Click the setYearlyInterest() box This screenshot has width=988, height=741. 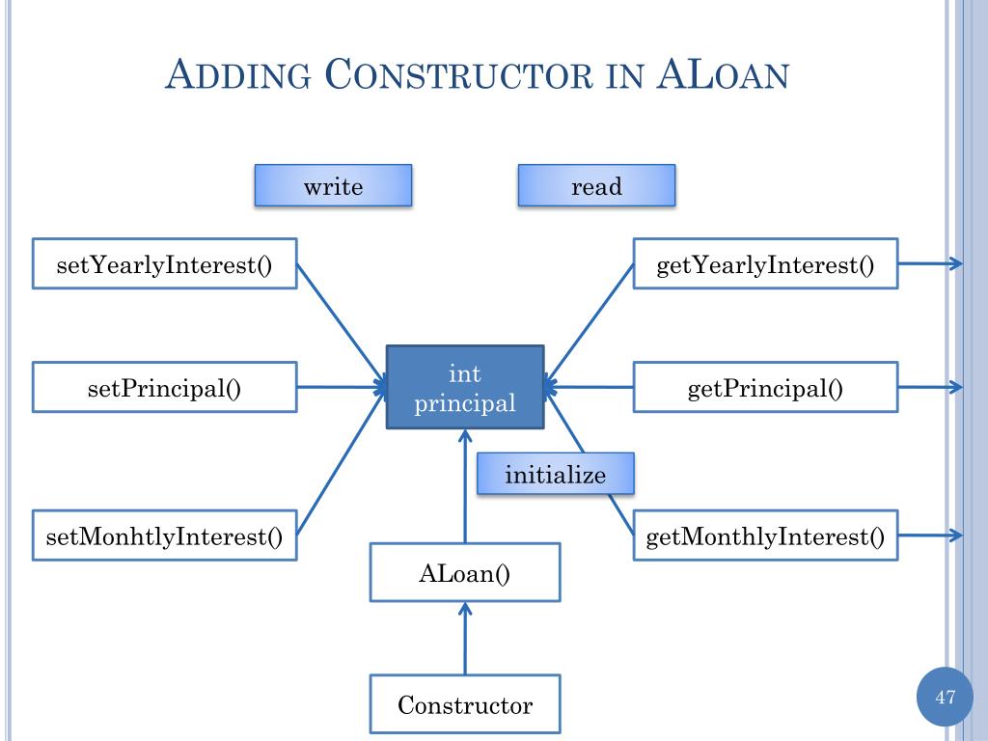click(x=164, y=263)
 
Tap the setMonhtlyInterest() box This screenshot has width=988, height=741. click(x=164, y=535)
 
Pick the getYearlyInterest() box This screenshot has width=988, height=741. click(x=765, y=263)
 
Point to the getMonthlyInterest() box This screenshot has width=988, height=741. click(x=765, y=535)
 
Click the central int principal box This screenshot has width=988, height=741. click(x=465, y=388)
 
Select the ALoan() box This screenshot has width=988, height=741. click(x=465, y=572)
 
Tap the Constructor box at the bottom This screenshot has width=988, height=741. click(x=465, y=704)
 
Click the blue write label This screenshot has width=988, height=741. click(x=333, y=185)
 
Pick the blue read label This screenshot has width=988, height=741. click(x=596, y=185)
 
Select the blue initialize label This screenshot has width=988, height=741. click(x=556, y=474)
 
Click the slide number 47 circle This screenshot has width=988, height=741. click(x=945, y=697)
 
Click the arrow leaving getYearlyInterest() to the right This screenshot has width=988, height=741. click(x=930, y=263)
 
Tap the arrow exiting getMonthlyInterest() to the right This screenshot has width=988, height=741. click(x=930, y=535)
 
